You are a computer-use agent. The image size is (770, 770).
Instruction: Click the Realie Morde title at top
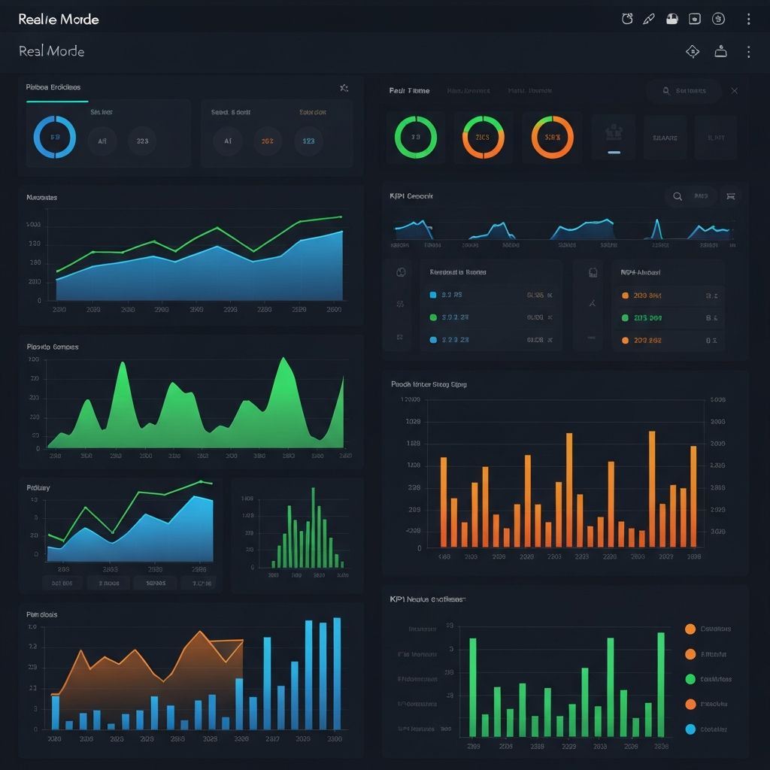point(59,20)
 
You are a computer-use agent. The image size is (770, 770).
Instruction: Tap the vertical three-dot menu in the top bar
point(747,20)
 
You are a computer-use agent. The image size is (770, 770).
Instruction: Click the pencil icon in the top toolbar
point(649,20)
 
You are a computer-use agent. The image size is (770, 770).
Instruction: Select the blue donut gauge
point(55,137)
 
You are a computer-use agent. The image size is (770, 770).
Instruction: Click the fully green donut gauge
point(415,137)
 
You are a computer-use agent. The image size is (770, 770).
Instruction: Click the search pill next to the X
point(684,91)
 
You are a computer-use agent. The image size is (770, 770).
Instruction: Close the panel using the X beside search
point(735,91)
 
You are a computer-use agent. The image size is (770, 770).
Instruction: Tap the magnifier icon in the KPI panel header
point(678,196)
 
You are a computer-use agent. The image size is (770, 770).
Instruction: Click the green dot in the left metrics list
point(432,317)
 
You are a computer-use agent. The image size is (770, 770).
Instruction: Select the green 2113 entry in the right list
point(647,318)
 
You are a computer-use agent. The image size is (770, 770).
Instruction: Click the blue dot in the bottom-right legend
point(690,729)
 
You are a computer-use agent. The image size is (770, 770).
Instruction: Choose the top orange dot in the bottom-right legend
point(690,629)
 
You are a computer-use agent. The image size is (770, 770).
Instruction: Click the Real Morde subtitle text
point(51,51)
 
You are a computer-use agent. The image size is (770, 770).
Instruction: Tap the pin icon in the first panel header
point(344,88)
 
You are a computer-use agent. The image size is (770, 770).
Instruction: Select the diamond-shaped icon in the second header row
point(693,51)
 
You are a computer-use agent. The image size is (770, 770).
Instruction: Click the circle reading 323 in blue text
point(308,141)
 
